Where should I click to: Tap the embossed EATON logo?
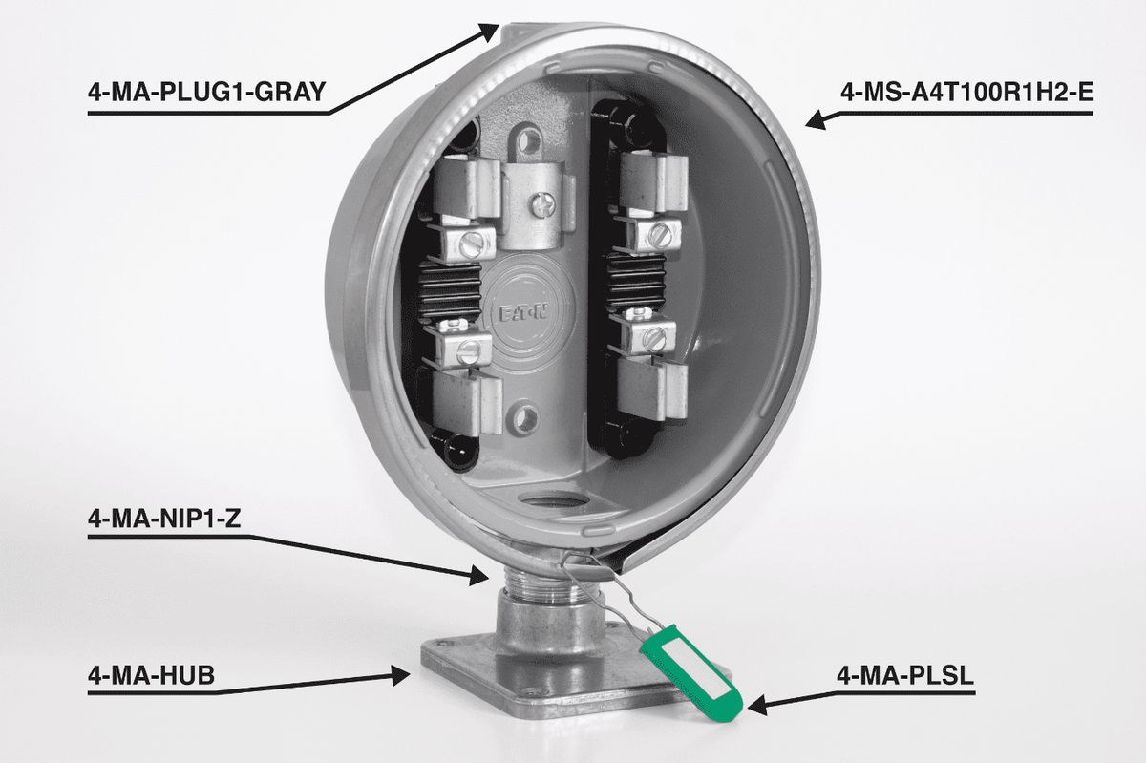523,311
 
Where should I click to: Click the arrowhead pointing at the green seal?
756,707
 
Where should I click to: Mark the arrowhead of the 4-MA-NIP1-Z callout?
482,574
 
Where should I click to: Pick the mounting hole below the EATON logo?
523,417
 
